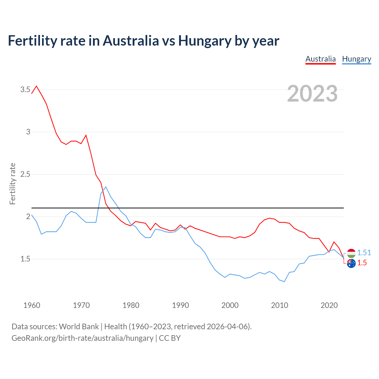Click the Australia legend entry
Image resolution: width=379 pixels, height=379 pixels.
320,59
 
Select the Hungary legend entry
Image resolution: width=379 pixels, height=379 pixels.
356,59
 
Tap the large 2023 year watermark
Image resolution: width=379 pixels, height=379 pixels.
312,94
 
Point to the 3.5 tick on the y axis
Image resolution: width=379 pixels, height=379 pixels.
25,89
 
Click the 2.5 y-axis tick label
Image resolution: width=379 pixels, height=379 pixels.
25,174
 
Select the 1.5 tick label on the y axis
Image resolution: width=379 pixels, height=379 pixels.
25,259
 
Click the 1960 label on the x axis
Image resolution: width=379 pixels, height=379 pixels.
32,305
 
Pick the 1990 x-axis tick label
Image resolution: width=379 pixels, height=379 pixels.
180,305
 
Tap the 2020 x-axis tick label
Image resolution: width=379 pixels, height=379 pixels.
329,305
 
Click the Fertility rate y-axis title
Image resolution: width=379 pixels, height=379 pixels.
12,184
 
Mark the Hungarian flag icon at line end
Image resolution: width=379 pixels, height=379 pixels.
351,253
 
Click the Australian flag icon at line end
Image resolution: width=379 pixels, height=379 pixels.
351,263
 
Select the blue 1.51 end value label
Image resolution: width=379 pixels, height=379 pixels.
364,253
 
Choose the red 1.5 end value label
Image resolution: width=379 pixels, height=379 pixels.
362,263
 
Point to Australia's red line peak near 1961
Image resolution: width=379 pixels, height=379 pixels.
36,86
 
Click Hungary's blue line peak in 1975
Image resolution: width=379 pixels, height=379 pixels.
106,187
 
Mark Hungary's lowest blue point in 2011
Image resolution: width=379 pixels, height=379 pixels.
284,282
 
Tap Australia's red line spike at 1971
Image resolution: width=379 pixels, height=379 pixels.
86,135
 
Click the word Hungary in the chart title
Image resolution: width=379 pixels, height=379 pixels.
204,41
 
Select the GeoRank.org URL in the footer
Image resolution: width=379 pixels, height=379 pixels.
82,338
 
